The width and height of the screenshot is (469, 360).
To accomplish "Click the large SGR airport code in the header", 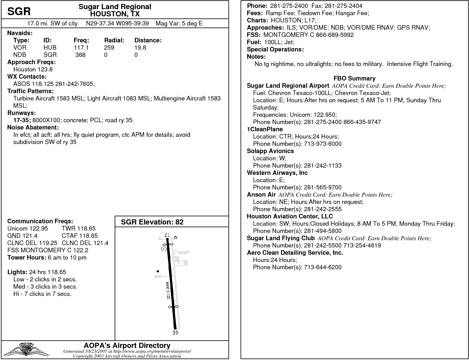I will [x=19, y=11].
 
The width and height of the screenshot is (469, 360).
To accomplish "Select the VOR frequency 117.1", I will [x=81, y=47].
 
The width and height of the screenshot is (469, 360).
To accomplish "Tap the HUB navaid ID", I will [x=50, y=47].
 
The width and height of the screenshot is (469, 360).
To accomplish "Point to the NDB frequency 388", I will [x=80, y=55].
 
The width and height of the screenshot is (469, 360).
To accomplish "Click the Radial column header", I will [x=114, y=40].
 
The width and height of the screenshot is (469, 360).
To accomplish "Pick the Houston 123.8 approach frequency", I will [x=33, y=69].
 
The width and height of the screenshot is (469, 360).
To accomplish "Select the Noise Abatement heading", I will [x=33, y=127].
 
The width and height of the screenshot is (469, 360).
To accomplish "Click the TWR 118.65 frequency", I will [x=78, y=228].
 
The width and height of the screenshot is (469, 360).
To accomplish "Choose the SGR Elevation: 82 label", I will [x=152, y=222].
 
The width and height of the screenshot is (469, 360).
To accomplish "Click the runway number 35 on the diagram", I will [x=175, y=333].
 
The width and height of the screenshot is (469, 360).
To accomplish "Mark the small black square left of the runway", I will [x=158, y=271].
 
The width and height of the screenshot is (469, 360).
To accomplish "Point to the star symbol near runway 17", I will [x=175, y=237].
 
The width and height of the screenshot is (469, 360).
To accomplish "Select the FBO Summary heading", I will [x=354, y=78].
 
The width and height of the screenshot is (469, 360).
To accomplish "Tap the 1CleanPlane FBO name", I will [x=265, y=129].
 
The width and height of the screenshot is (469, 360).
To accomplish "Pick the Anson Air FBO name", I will [x=261, y=195].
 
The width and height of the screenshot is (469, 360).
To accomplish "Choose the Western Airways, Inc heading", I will [x=277, y=173].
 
